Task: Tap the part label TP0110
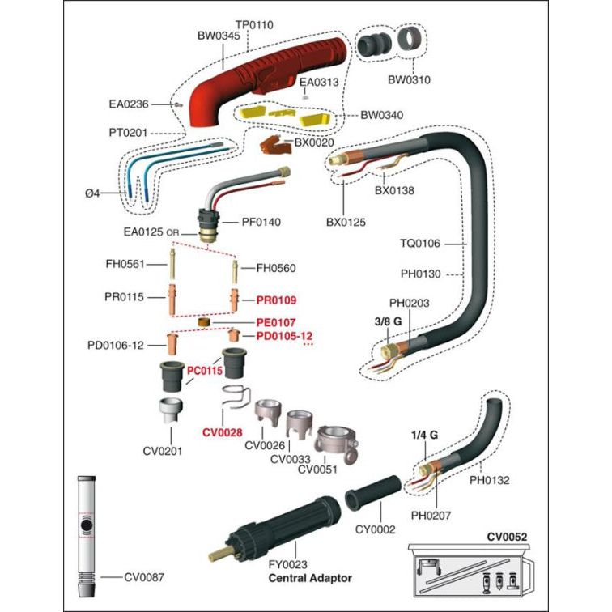pos(254,25)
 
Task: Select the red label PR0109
pos(277,298)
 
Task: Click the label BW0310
pos(409,80)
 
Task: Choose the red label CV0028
pos(223,432)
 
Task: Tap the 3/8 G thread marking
pos(389,321)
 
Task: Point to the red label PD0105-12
pos(284,336)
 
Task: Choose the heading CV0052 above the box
pos(507,536)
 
